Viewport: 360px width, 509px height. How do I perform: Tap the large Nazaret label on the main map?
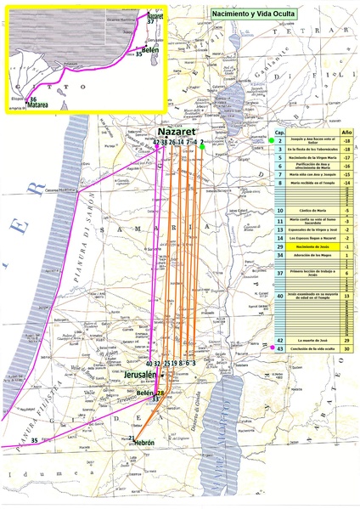point(177,133)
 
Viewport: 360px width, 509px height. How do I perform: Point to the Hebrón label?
point(143,444)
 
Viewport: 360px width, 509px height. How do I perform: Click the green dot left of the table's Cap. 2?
point(271,140)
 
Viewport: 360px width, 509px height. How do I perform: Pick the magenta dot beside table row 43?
point(271,348)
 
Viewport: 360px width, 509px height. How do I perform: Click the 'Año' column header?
point(346,133)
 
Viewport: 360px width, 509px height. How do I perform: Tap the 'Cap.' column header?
point(280,133)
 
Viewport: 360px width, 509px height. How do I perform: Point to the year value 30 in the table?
point(346,348)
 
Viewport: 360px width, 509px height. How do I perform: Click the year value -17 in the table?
point(346,156)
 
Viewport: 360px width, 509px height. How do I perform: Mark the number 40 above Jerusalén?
point(149,364)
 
